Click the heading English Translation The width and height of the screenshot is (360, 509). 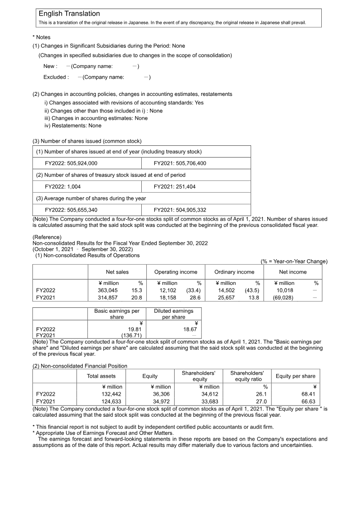(69, 14)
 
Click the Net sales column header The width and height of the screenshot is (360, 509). (117, 272)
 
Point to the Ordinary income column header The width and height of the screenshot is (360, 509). (234, 272)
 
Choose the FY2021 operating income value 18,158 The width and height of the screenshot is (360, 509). (167, 298)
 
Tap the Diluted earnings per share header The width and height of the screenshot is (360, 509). (173, 314)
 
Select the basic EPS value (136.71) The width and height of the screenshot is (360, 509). (132, 336)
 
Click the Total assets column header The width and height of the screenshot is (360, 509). (101, 376)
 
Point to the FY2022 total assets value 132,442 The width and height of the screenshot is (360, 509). (111, 394)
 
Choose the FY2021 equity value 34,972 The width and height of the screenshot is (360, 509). (162, 401)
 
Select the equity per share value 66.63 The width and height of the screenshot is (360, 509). (309, 401)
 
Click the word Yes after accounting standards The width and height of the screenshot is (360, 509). (199, 103)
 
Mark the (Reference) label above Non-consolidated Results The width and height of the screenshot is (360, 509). (47, 237)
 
